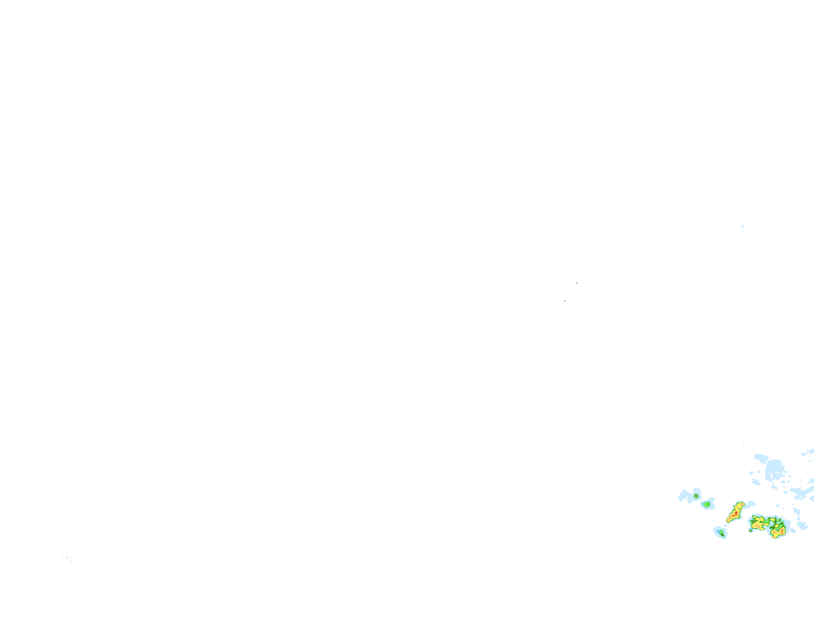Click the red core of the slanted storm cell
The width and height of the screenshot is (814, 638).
(736, 513)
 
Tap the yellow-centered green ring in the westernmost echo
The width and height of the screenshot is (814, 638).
(696, 496)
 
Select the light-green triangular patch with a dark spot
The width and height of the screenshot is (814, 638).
(708, 504)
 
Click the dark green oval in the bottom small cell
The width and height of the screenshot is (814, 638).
(722, 535)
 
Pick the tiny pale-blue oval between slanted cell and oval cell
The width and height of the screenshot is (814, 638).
(726, 526)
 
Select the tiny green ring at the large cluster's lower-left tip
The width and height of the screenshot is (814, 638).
(750, 530)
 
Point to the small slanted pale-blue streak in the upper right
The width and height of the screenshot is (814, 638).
(743, 226)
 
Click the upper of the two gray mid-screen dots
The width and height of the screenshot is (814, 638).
(576, 283)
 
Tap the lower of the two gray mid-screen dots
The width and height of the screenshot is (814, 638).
(564, 301)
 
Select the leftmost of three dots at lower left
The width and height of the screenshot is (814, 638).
(63, 557)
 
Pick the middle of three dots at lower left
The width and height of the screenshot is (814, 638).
(66, 558)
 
